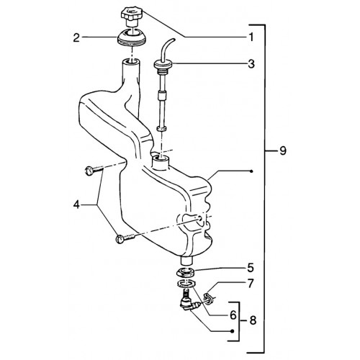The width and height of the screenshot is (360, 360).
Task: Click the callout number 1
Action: point(251,37)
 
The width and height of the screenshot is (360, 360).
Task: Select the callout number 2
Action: point(76,38)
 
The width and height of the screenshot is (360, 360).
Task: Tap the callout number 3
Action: point(251,64)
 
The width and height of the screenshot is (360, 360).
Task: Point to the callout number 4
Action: point(76,204)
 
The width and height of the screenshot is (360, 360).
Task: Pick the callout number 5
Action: point(251,268)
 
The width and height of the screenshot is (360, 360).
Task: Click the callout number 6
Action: point(233,315)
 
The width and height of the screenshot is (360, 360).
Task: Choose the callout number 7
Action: point(251,284)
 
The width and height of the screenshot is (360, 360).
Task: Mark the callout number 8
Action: point(253,320)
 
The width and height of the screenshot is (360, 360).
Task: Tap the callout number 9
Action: point(283,150)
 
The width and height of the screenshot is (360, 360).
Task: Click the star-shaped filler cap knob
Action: point(132,14)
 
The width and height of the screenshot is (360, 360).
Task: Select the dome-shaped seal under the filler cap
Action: point(132,37)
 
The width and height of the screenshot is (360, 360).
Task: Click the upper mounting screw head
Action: point(89,171)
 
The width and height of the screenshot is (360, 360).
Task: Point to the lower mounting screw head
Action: point(120,239)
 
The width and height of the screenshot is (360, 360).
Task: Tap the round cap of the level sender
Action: point(163,64)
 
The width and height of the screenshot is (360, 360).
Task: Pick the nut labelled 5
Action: point(186,272)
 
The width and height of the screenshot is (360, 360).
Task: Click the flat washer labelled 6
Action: point(186,284)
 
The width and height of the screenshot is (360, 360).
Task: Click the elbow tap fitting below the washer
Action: point(189,302)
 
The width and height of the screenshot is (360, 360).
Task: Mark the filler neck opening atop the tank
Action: point(132,62)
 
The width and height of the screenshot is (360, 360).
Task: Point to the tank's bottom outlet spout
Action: point(186,261)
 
